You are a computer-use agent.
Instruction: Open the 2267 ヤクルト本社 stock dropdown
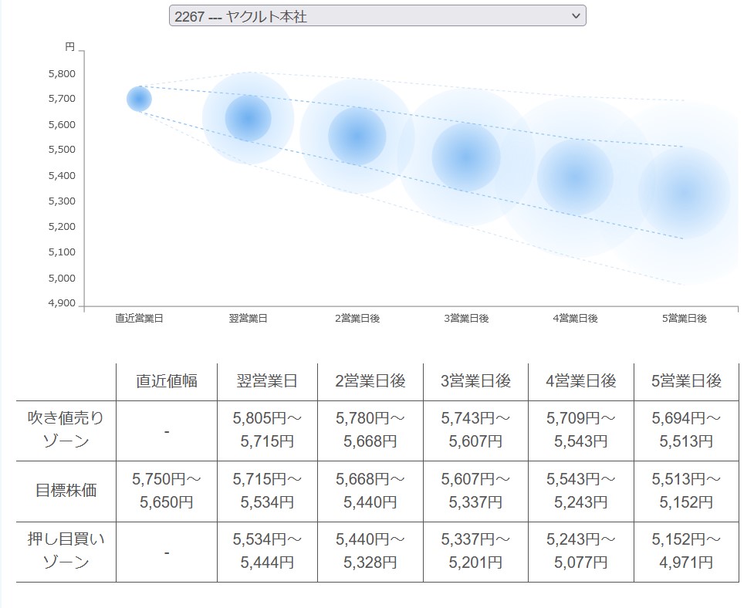(377, 15)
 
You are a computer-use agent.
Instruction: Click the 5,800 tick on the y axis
(61, 74)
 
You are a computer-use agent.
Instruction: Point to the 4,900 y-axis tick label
(61, 303)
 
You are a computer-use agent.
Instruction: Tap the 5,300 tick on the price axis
(61, 201)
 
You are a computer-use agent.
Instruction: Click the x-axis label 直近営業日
(139, 319)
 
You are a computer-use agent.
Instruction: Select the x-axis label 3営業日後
(466, 319)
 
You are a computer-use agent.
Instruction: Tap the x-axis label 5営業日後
(685, 319)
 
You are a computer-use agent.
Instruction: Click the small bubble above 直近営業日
(139, 99)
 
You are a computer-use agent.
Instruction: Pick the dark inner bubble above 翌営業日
(249, 119)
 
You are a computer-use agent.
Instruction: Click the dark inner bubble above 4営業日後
(575, 177)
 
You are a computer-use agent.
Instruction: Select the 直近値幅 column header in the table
(167, 381)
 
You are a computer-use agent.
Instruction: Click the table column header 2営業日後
(370, 381)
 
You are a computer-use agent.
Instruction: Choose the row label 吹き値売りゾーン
(66, 430)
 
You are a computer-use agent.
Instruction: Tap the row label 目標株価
(66, 490)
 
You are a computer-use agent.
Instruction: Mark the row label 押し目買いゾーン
(66, 551)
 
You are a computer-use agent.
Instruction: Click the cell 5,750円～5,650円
(167, 491)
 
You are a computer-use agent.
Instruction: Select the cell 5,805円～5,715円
(267, 430)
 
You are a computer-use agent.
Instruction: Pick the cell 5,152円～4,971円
(686, 551)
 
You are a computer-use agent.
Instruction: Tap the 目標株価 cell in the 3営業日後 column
(475, 491)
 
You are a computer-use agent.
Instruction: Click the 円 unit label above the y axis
(69, 47)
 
